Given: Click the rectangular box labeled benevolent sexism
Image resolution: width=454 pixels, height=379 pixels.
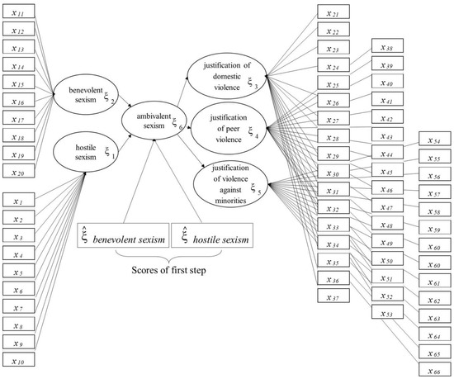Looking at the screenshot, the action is click(123, 235).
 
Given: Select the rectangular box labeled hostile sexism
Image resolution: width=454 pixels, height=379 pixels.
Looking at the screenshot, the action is click(212, 235).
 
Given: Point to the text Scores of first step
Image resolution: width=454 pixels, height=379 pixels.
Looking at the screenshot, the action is click(168, 270).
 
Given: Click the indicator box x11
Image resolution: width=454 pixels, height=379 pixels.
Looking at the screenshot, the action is click(18, 12).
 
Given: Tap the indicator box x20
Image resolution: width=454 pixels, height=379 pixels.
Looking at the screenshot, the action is click(18, 171).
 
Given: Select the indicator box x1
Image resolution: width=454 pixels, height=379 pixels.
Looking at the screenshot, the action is click(18, 200).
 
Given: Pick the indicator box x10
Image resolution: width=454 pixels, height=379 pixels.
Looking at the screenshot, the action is click(18, 359).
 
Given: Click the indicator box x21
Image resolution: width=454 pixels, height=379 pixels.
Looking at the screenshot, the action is click(333, 12).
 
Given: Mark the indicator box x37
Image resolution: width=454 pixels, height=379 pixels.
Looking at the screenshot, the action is click(333, 296).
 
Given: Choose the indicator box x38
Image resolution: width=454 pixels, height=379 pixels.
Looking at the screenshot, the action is click(387, 45).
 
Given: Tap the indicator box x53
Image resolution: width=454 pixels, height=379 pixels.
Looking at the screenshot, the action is click(387, 312).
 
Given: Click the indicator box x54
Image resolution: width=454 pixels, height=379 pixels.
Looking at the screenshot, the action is click(435, 139).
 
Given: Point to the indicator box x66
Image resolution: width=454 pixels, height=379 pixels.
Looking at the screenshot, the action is click(435, 369).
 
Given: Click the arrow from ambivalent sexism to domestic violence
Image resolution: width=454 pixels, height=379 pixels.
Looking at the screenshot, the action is click(182, 91).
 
